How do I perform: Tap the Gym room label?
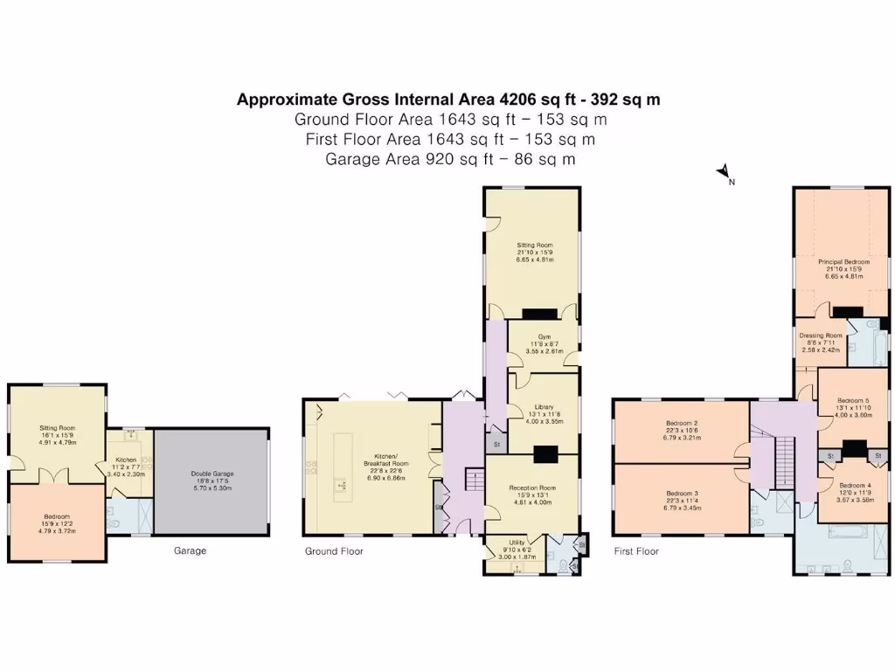pyautogui.click(x=544, y=336)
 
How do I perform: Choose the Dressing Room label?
pyautogui.click(x=821, y=335)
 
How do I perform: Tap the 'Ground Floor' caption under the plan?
pyautogui.click(x=334, y=551)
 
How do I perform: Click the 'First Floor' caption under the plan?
pyautogui.click(x=635, y=551)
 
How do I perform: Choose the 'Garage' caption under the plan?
pyautogui.click(x=190, y=551)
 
